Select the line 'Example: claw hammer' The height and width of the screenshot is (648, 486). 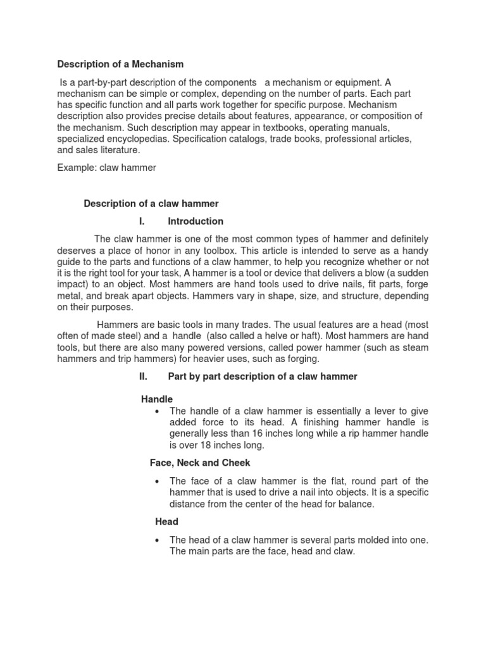coord(106,167)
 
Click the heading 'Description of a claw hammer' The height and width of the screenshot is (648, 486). coord(151,203)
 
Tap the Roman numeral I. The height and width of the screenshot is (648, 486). coord(142,221)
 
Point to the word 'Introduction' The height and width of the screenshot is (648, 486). coord(196,221)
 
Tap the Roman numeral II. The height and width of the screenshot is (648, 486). coord(143,376)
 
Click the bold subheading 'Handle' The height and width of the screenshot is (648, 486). coord(156,399)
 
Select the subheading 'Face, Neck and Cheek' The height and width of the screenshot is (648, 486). coord(200,463)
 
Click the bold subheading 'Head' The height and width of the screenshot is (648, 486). coord(166,521)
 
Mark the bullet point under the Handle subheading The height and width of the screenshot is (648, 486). coord(156,411)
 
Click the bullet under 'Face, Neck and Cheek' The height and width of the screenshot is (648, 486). coord(156,482)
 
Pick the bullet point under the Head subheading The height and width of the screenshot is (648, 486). coord(156,540)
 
